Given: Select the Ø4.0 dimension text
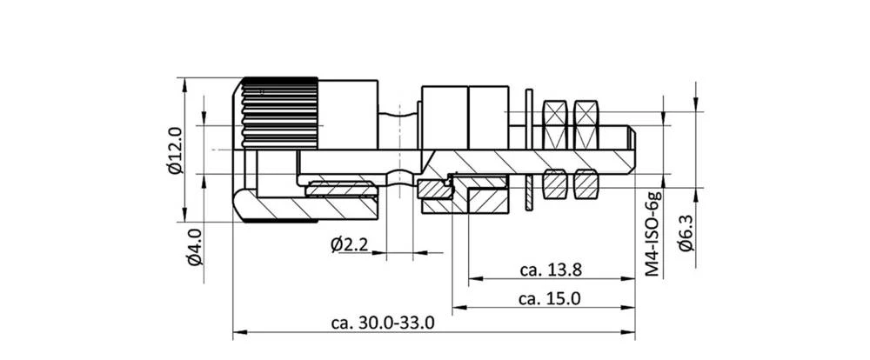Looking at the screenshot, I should (x=194, y=247).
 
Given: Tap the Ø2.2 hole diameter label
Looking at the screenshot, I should (x=349, y=245).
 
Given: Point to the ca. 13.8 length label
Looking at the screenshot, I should (x=551, y=270).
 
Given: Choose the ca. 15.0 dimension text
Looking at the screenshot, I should (x=549, y=298).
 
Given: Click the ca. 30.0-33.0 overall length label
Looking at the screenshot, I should (x=383, y=323).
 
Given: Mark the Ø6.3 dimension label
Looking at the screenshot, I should (x=686, y=233).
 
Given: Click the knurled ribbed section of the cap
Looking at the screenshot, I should (x=278, y=112).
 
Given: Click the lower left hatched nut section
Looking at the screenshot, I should (x=555, y=183).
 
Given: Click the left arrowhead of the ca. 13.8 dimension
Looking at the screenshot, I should (x=474, y=280).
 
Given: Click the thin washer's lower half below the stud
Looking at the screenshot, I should (x=529, y=192).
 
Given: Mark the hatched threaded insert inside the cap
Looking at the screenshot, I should (x=339, y=189).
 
